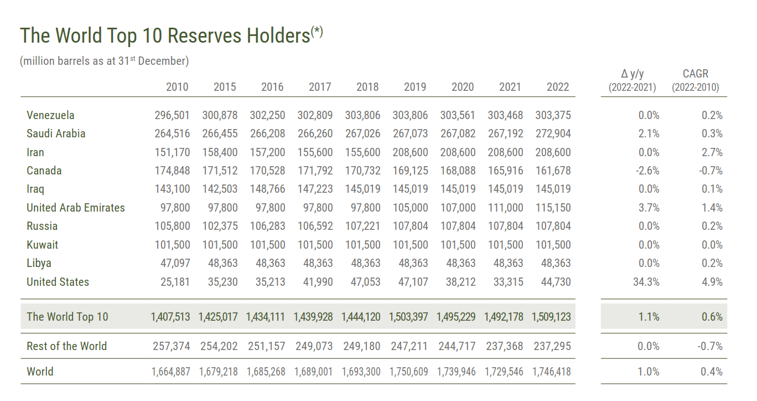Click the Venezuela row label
coord(50,115)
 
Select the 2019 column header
coord(415,87)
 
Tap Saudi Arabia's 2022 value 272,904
coord(553,133)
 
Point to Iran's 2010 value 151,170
coord(172,152)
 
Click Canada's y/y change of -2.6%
coord(647,171)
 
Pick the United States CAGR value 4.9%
coord(712,282)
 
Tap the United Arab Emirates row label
coord(76,208)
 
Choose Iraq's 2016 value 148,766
coord(267,189)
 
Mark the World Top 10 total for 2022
coord(551,317)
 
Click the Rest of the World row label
coord(67,346)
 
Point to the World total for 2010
coord(171,372)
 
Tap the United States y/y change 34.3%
coord(646,282)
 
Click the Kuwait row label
coord(43,245)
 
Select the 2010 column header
coord(177,87)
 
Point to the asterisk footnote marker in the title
coord(317,32)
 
